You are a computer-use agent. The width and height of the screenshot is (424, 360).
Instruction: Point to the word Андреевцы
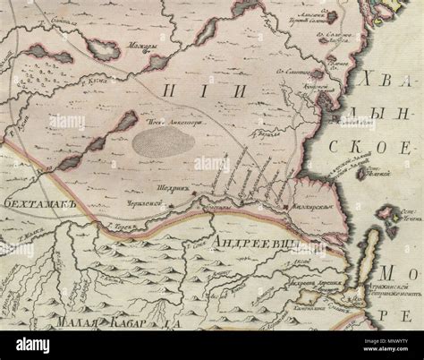[x=254, y=241]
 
